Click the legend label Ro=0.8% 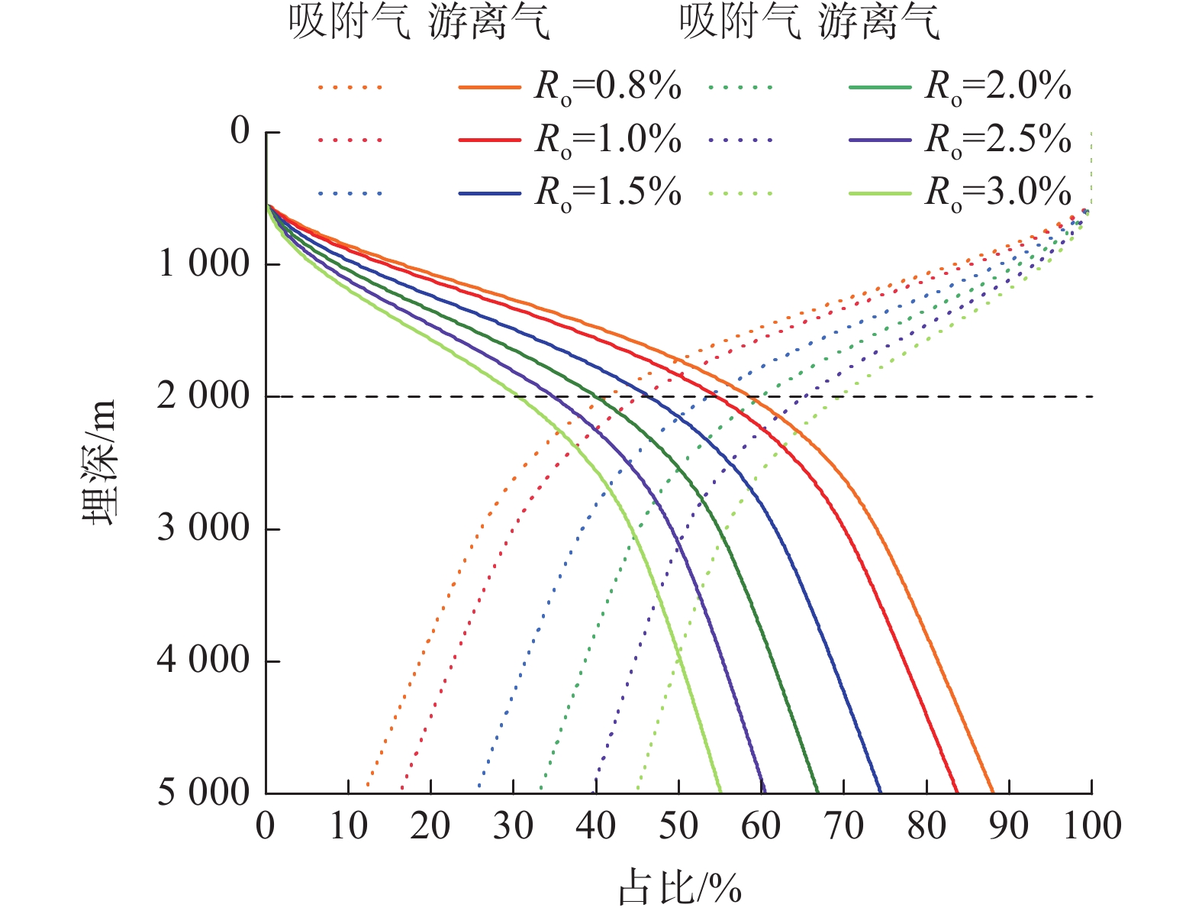point(607,87)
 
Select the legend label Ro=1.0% point(607,140)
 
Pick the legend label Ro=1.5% point(607,192)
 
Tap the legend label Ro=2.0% point(997,87)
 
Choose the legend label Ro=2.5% point(997,140)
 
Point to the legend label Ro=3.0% point(997,192)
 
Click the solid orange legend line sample point(489,88)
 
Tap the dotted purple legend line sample point(740,140)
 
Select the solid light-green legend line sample point(879,193)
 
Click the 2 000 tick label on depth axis point(203,396)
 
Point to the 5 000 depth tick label point(203,793)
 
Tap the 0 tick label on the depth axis point(240,132)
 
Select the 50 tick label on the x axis point(678,826)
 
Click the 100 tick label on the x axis point(1091,826)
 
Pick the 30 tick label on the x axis point(513,826)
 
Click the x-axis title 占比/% point(679,887)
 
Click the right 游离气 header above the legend point(878,23)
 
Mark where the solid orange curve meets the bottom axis point(993,793)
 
